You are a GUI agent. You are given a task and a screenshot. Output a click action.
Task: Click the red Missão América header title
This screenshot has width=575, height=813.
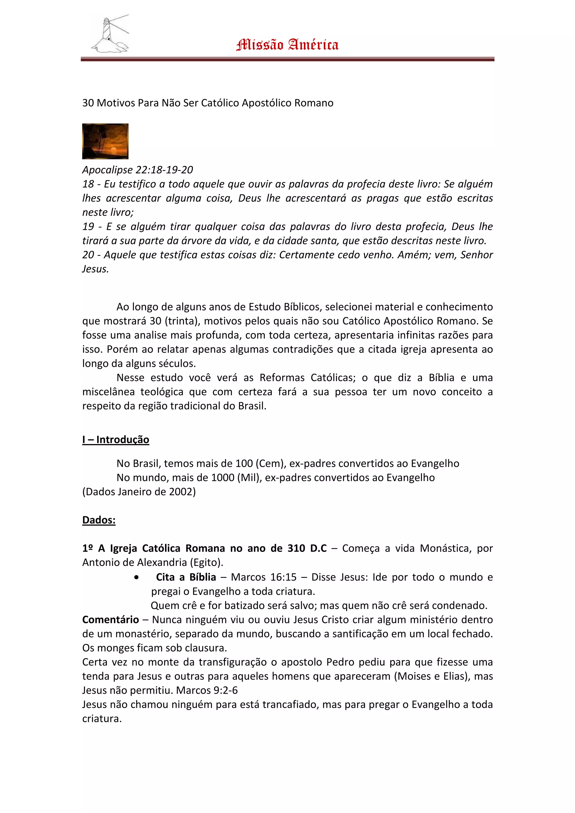[287, 45]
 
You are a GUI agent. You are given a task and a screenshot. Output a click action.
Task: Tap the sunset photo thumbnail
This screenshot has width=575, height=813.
[105, 141]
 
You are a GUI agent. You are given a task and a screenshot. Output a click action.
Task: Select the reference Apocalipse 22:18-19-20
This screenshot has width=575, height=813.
[138, 170]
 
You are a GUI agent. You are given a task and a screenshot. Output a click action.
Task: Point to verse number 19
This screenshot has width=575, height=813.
[88, 227]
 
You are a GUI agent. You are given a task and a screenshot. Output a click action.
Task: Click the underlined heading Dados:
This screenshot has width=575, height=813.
[99, 520]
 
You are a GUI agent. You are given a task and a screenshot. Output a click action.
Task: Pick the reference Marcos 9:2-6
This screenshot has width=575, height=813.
[207, 690]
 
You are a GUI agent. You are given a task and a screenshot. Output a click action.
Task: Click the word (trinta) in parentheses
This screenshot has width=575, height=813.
[182, 321]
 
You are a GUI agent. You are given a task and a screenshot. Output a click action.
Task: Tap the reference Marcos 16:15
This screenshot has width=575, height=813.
[264, 577]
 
